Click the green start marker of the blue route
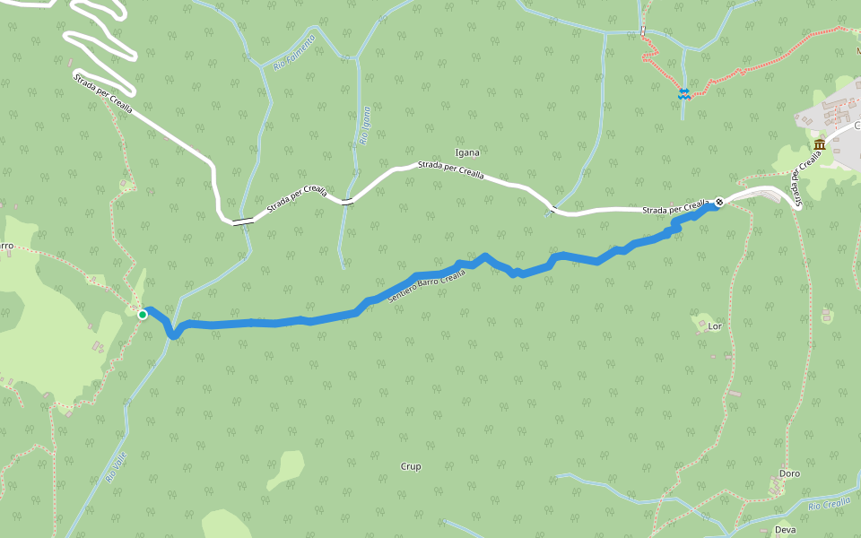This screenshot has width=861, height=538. (143, 314)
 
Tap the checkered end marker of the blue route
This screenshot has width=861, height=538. (719, 202)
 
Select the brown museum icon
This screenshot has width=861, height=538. (820, 145)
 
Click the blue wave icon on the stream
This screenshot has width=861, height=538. (683, 93)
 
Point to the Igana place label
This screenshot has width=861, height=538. (467, 153)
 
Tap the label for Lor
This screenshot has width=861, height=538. (715, 326)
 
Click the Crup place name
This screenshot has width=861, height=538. (411, 466)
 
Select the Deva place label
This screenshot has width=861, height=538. (785, 530)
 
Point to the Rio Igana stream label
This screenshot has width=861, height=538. (365, 126)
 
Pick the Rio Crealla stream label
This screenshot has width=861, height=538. (829, 505)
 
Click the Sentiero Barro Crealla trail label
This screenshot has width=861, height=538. (427, 289)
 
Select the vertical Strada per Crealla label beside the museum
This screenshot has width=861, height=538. (805, 170)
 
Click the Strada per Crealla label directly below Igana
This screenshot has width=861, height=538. (450, 170)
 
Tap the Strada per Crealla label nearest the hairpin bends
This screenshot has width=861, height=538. (103, 94)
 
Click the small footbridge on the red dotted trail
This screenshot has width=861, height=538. (643, 32)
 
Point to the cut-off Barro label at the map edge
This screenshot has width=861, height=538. (5, 246)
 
